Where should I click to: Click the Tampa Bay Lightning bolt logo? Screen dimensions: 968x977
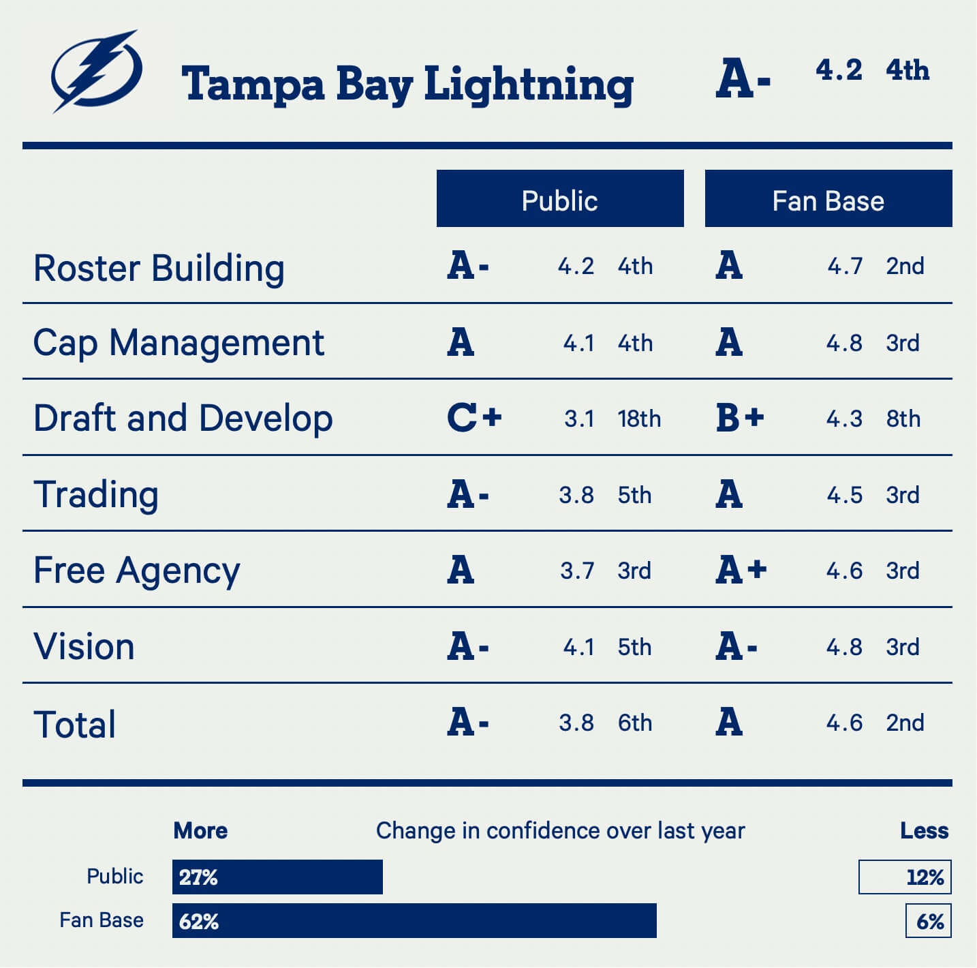pyautogui.click(x=97, y=71)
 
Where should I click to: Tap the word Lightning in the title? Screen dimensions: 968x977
pyautogui.click(x=529, y=85)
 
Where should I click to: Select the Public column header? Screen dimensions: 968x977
pyautogui.click(x=559, y=199)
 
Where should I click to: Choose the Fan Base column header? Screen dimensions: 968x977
pyautogui.click(x=828, y=199)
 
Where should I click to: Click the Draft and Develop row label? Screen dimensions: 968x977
pyautogui.click(x=183, y=418)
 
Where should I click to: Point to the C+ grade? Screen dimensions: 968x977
pyautogui.click(x=474, y=417)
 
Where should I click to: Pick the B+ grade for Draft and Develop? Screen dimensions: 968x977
pyautogui.click(x=740, y=417)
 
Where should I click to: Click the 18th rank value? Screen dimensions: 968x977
pyautogui.click(x=639, y=419)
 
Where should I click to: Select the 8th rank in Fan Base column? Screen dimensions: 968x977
pyautogui.click(x=903, y=419)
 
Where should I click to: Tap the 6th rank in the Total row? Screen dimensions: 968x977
pyautogui.click(x=634, y=723)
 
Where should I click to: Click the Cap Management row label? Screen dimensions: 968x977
pyautogui.click(x=179, y=342)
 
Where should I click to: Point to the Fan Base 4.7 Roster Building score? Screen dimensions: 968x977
pyautogui.click(x=845, y=266)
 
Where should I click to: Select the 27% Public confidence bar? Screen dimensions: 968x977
pyautogui.click(x=277, y=877)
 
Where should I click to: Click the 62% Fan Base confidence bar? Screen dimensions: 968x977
pyautogui.click(x=414, y=921)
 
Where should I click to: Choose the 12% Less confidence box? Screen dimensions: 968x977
pyautogui.click(x=905, y=877)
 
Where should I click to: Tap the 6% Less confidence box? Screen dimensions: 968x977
pyautogui.click(x=929, y=921)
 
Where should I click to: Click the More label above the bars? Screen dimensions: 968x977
pyautogui.click(x=200, y=830)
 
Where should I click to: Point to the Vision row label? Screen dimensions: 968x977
pyautogui.click(x=84, y=646)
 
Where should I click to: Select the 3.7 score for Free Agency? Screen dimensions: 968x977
pyautogui.click(x=577, y=571)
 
